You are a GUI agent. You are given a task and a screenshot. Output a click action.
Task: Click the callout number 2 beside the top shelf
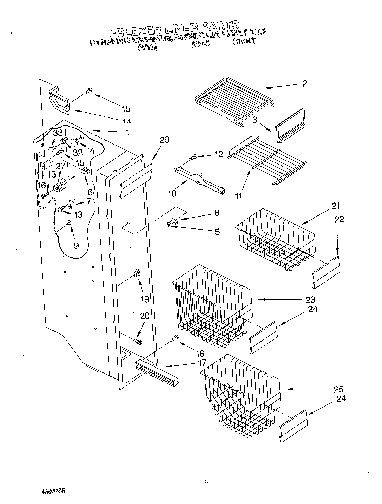click(x=304, y=84)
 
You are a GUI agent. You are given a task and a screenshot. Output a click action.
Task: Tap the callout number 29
click(x=164, y=140)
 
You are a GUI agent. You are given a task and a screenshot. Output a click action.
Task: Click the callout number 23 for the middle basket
click(x=310, y=300)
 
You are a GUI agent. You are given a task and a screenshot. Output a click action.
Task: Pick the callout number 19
click(x=145, y=299)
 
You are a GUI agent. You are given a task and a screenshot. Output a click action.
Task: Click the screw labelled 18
click(x=175, y=338)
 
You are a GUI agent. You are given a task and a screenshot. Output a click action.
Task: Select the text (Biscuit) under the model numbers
click(x=244, y=41)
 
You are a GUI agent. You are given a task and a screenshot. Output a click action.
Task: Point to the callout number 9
click(x=76, y=245)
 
